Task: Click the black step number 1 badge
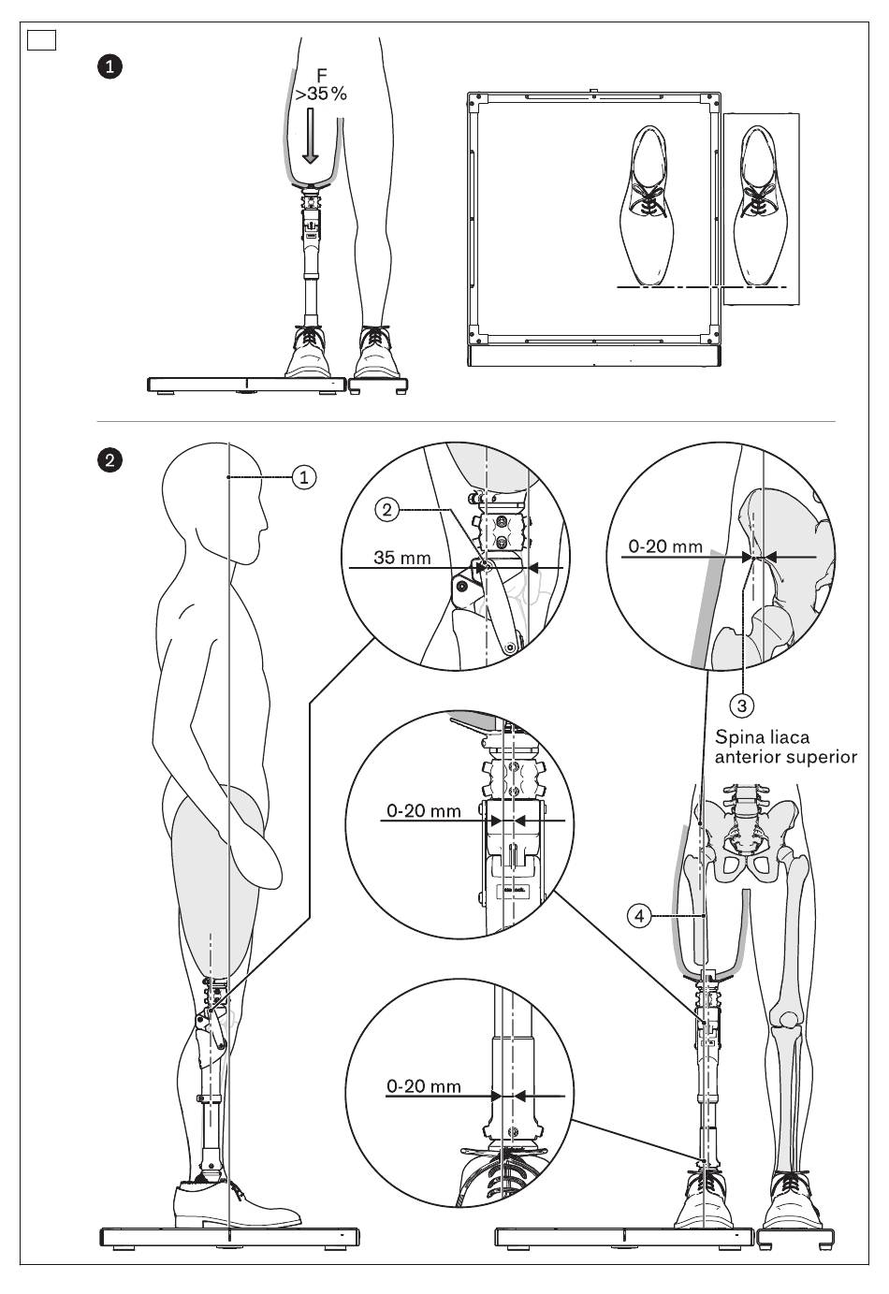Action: coord(109,66)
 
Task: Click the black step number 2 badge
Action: coord(109,461)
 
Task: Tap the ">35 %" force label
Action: coord(321,94)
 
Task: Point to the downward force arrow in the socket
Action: coord(311,136)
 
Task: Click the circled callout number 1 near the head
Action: coord(304,477)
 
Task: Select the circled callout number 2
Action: coord(387,510)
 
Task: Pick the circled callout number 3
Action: coord(742,705)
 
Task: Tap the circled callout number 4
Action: coord(639,916)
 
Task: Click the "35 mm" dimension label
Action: coord(402,558)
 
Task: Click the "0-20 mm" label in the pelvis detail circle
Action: coord(665,546)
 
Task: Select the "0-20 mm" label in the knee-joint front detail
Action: coord(423,811)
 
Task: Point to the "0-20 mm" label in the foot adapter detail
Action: coord(423,1086)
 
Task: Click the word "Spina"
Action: coord(736,737)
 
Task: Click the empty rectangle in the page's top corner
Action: coord(41,40)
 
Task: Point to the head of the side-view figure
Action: coord(215,498)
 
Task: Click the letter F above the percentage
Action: coord(322,75)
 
